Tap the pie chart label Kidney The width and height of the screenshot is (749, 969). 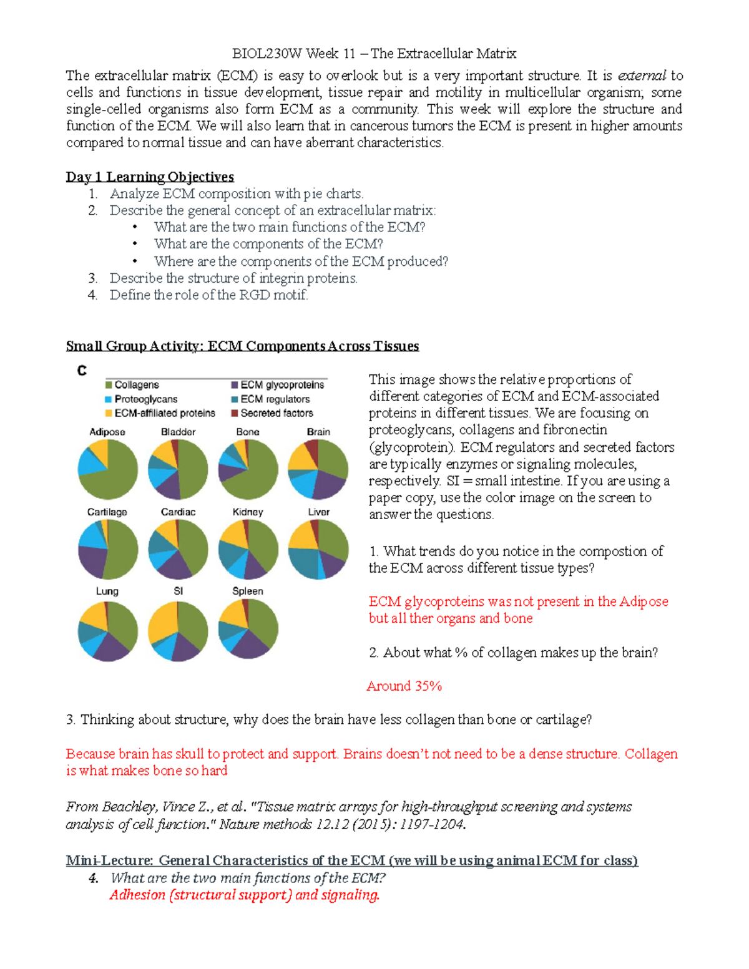point(248,512)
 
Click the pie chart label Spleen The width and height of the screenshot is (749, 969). point(248,591)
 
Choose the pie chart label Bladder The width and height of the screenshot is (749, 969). point(178,432)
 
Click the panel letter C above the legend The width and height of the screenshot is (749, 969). point(82,371)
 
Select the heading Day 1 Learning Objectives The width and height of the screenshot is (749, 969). point(150,177)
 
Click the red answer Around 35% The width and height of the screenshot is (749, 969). point(404,686)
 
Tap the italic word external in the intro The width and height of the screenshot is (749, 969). point(642,76)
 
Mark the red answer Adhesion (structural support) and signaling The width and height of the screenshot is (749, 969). point(244,895)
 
